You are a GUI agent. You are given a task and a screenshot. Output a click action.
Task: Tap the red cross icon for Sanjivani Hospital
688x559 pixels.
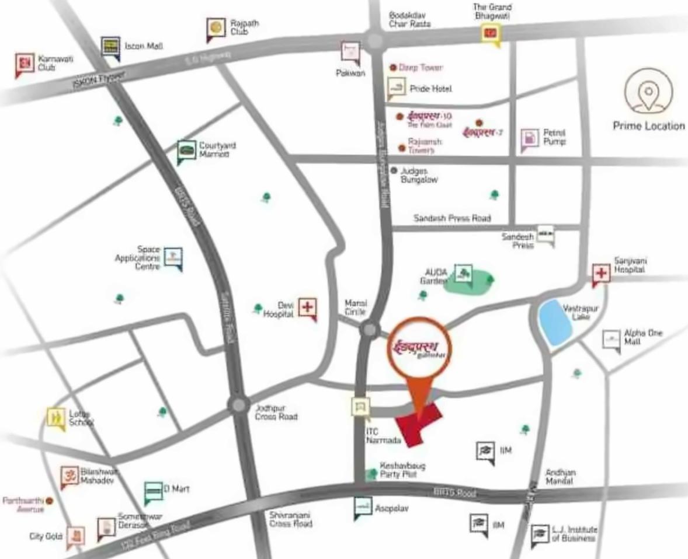click(x=601, y=272)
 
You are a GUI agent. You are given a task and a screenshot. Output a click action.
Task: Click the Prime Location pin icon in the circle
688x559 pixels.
click(x=648, y=92)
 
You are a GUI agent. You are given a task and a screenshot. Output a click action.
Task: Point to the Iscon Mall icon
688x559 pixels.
click(x=110, y=46)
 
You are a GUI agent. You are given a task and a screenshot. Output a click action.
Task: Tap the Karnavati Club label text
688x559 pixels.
click(x=46, y=63)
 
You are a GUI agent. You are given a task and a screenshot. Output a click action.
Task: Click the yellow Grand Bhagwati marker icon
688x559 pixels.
click(x=491, y=33)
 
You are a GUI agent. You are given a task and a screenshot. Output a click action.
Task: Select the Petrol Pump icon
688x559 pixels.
click(x=529, y=138)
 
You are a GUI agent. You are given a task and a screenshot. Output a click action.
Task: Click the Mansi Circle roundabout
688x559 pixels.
click(x=369, y=330)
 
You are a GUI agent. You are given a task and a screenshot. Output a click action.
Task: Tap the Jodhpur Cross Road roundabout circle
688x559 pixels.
click(x=238, y=404)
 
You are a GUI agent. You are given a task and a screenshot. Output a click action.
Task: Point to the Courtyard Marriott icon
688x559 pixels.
click(x=186, y=151)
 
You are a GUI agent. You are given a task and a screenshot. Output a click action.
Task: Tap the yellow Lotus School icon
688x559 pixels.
click(x=56, y=417)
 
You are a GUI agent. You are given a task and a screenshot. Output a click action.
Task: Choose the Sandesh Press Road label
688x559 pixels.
click(x=452, y=218)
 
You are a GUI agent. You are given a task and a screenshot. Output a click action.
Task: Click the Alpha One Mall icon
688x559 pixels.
click(x=611, y=339)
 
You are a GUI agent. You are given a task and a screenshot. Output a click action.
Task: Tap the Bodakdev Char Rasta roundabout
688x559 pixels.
click(x=374, y=40)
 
